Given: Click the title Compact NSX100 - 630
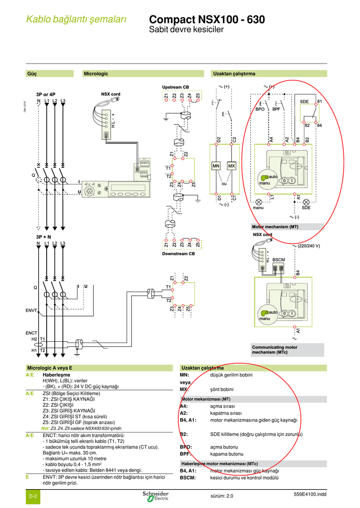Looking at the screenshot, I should pos(207,20).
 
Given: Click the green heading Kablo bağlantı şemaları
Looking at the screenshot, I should pos(77,20).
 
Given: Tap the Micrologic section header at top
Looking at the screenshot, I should pos(96,74).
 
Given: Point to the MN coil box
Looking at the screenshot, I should pos(216,166).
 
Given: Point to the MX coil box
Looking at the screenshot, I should pos(231,166).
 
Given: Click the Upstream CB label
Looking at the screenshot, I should pos(175,87).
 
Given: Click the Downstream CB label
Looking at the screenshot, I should pos(178,254).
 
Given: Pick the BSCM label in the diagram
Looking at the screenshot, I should pos(279,259).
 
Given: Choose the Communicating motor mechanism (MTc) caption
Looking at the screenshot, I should pos(275,350).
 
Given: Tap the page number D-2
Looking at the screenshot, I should pos(34,496).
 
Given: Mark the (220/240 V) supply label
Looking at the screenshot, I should pos(309,246).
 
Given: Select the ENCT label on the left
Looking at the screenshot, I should pos(32,332).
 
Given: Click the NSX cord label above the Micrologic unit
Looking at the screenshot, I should pos(111,94).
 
